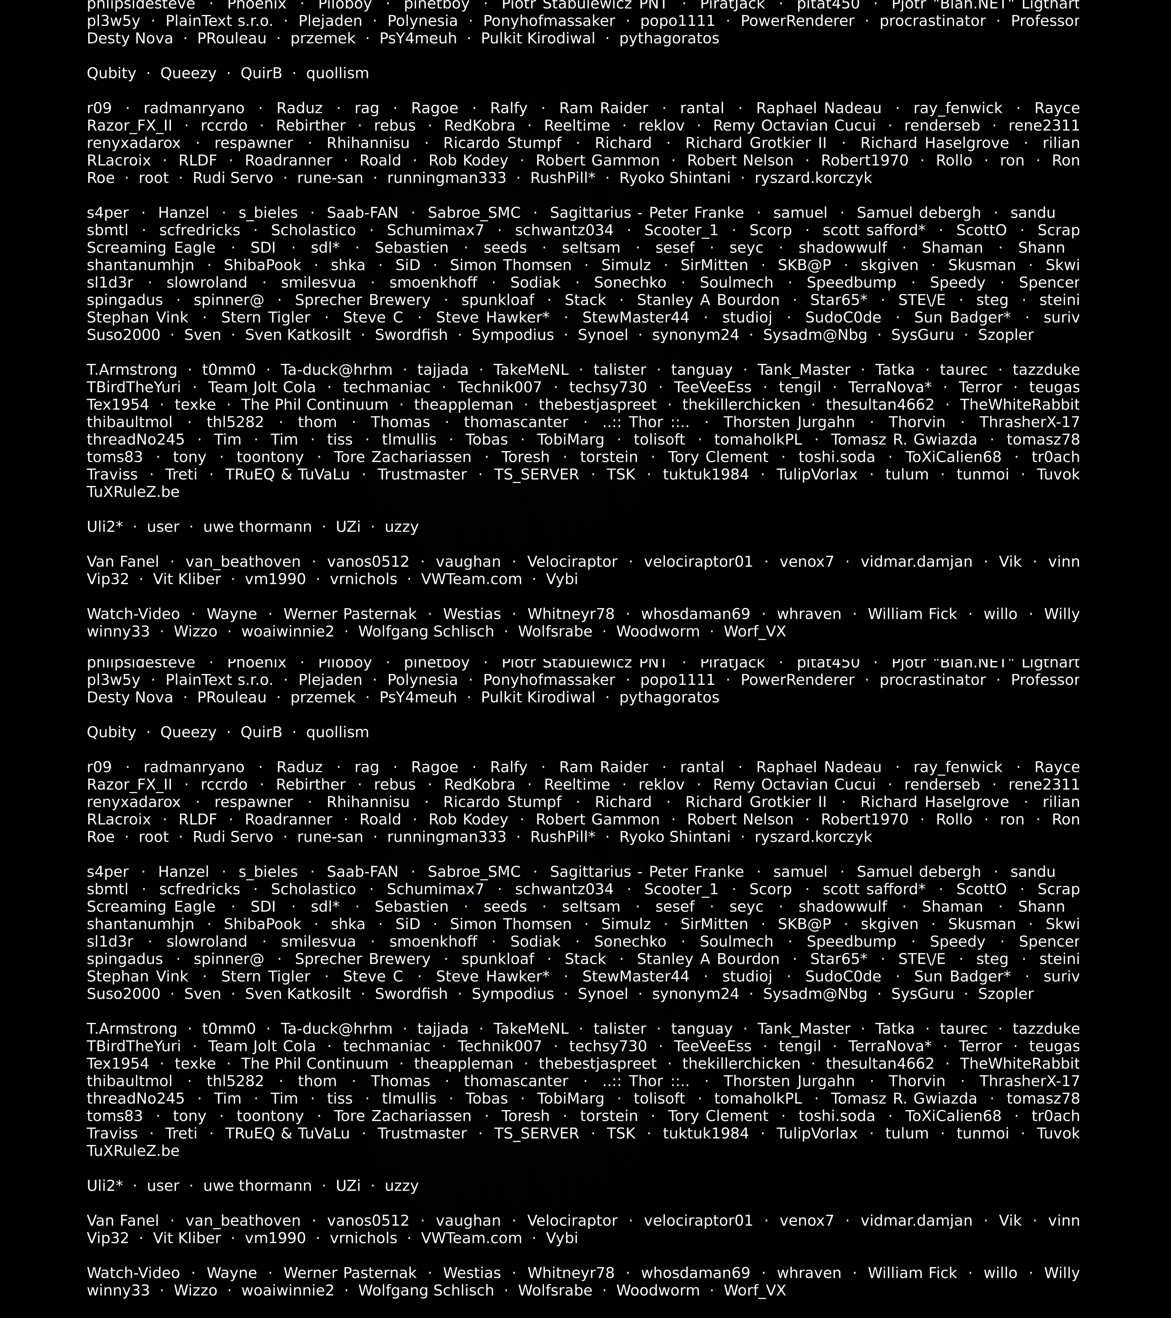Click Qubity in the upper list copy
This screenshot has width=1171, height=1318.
(112, 74)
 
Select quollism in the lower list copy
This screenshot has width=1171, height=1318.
(337, 733)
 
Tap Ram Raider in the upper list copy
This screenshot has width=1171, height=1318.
(603, 108)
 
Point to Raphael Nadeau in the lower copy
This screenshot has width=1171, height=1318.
(819, 767)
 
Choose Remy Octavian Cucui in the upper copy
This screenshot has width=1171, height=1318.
(794, 126)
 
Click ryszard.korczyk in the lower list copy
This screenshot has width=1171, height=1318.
(813, 837)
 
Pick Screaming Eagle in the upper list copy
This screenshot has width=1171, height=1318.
(151, 248)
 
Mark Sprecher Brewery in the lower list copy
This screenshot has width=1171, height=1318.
(362, 960)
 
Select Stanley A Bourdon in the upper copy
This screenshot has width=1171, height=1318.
(708, 301)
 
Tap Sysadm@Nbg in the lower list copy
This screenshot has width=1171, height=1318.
(815, 994)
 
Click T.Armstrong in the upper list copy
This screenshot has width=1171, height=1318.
(131, 370)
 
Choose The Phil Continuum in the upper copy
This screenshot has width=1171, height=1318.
(314, 405)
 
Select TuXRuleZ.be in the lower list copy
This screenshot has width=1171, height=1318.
(133, 1151)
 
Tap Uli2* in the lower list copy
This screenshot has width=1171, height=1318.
(105, 1186)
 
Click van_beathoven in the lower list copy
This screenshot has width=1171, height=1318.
(243, 1221)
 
